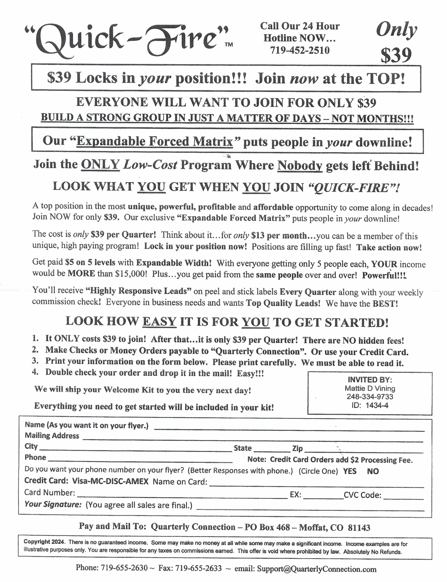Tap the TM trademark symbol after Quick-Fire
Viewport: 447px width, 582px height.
tap(229, 45)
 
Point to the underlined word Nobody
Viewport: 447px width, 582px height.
tap(300, 166)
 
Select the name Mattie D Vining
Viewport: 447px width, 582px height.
tap(370, 388)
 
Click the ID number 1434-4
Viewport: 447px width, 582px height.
tap(377, 405)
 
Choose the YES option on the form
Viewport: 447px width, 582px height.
tap(350, 471)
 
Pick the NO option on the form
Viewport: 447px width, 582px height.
tap(373, 471)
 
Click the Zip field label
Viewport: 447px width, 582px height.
tap(298, 448)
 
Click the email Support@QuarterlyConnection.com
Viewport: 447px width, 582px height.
tap(317, 569)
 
